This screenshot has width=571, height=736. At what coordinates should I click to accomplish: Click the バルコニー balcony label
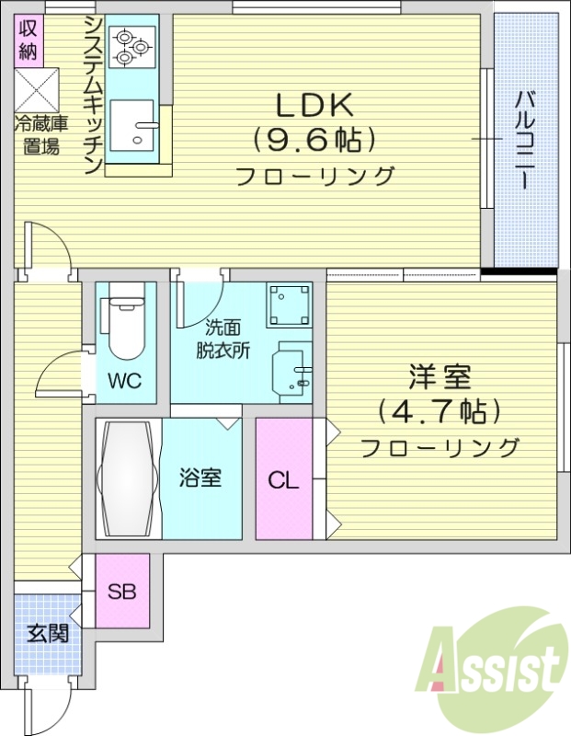point(525,139)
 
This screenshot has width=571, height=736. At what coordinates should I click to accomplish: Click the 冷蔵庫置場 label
point(37,134)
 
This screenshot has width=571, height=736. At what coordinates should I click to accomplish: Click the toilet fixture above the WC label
point(125,328)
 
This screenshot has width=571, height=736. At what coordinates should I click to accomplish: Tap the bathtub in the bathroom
point(127,478)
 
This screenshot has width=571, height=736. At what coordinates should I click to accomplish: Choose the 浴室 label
point(200,478)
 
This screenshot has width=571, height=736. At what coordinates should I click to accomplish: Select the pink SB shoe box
point(121,591)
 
